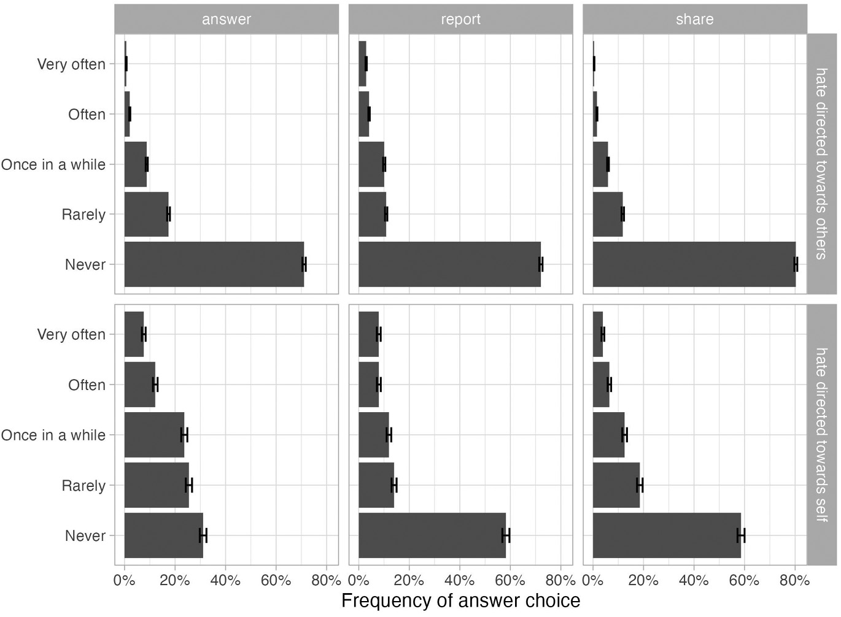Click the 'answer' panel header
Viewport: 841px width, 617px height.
coord(226,19)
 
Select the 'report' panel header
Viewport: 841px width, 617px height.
coord(460,19)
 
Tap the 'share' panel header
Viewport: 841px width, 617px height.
coord(694,19)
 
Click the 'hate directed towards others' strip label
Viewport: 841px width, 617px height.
coord(821,163)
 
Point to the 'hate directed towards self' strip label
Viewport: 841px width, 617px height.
coord(821,435)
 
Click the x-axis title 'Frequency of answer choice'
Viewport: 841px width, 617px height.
coord(460,600)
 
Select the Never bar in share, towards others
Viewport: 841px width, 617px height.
coord(694,264)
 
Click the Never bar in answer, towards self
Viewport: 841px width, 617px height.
coord(163,535)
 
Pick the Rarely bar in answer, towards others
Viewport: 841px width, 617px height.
coord(146,214)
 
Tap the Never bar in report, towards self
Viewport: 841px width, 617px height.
coord(432,535)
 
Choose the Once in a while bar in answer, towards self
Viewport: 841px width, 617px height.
coord(154,435)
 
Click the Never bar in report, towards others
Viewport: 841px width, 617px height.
coord(449,264)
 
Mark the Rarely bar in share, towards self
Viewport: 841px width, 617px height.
coord(616,485)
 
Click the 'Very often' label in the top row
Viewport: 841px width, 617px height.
coord(71,64)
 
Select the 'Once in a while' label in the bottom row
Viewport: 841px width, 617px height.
coord(53,435)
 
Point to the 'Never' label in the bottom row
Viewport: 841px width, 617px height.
coord(85,535)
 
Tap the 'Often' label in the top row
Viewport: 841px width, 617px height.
coord(87,114)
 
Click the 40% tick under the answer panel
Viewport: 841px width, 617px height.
coord(225,580)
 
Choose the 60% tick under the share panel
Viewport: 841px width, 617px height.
coord(744,580)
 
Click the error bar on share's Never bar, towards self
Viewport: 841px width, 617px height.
coord(741,535)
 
